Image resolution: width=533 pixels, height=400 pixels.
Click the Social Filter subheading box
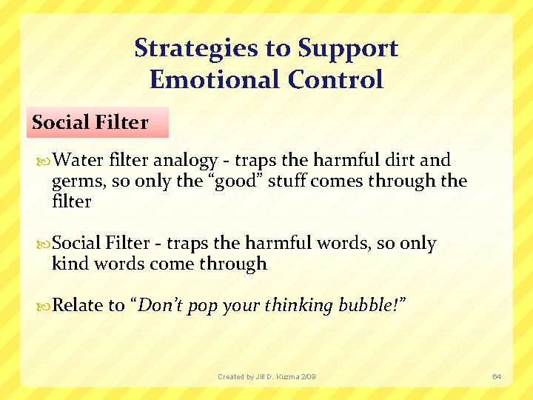tap(99, 122)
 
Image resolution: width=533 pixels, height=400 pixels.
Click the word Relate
tap(78, 305)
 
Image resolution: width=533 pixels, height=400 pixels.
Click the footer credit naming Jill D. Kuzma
tap(266, 377)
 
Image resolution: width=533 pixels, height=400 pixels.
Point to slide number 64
tap(497, 377)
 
